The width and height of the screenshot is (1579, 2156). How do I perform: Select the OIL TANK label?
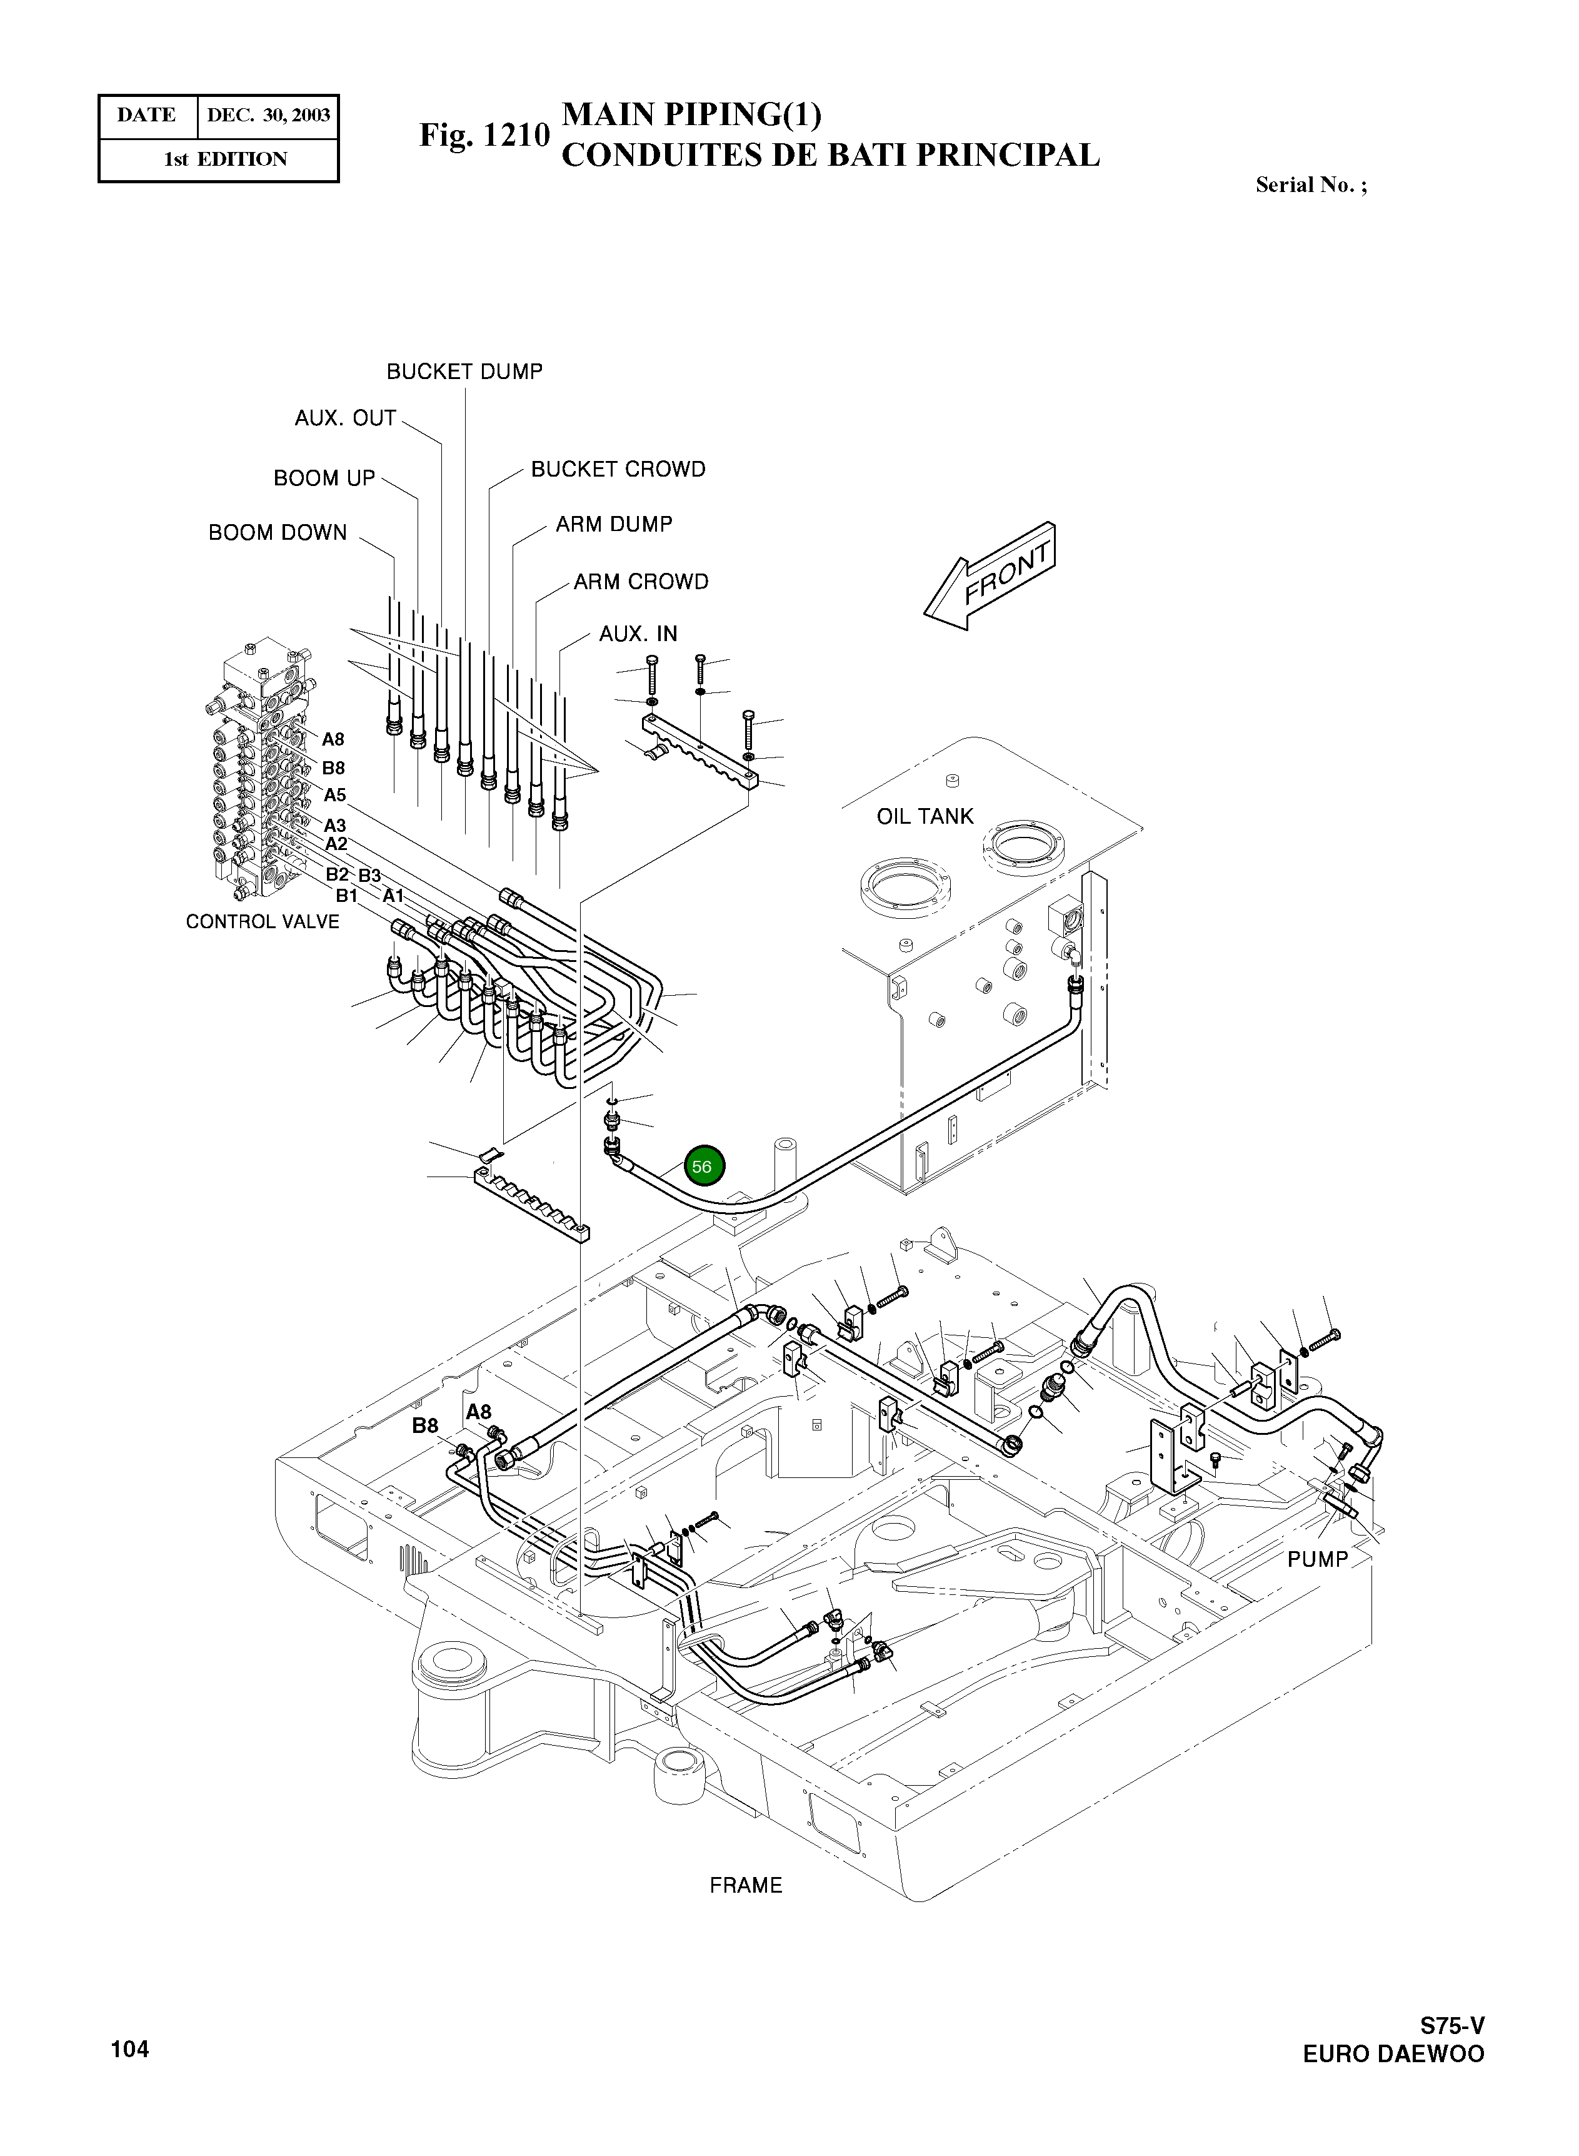[x=925, y=816]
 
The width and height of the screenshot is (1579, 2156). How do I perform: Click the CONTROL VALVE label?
[x=262, y=922]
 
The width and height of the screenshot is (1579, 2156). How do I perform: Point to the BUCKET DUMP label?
[x=464, y=372]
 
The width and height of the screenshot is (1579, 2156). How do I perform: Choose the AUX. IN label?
[x=638, y=634]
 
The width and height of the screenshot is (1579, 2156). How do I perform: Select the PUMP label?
[x=1316, y=1559]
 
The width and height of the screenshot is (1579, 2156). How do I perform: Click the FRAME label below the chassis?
[x=746, y=1885]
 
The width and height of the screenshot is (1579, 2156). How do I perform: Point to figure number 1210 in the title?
[x=484, y=136]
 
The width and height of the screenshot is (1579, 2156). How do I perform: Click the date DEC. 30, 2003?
[x=269, y=116]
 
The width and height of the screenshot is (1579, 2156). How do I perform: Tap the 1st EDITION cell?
[x=226, y=159]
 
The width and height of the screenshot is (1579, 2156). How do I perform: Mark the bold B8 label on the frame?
[x=424, y=1425]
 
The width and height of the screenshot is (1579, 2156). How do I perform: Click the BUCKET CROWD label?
[x=618, y=470]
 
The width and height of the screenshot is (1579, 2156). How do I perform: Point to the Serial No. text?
[x=1310, y=186]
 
